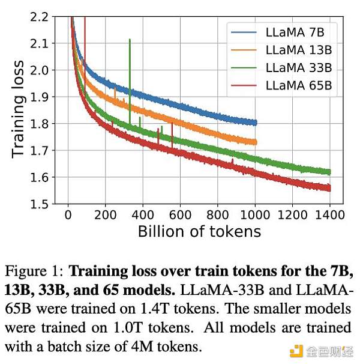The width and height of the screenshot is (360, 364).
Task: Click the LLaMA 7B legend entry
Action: (x=294, y=32)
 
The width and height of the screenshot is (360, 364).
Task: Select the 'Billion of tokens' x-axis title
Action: (x=199, y=231)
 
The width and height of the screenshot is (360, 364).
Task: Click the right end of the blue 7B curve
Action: (x=256, y=123)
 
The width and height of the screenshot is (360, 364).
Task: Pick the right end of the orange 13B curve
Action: (x=256, y=142)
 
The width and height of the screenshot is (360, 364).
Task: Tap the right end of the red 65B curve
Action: (x=330, y=188)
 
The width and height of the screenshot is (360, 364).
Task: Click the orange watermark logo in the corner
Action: (x=296, y=350)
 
